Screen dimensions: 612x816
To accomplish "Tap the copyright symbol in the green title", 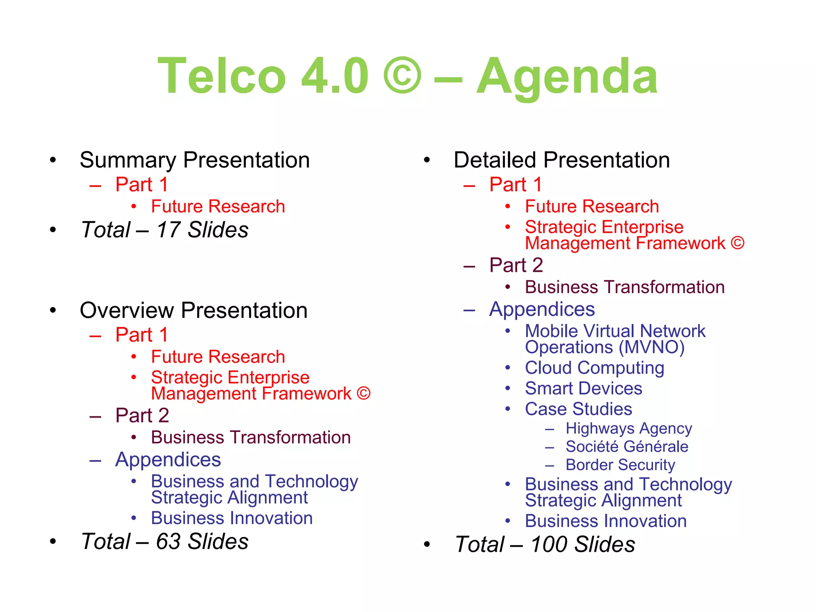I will (x=402, y=76).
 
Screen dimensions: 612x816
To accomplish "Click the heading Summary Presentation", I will (x=194, y=160).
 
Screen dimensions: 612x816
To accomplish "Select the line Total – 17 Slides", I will (x=165, y=230).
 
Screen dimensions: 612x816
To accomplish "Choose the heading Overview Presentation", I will (x=194, y=310).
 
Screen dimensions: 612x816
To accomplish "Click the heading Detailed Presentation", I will (x=561, y=160).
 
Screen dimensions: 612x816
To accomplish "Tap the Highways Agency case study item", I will (x=629, y=429).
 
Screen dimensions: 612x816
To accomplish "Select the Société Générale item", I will (x=627, y=447).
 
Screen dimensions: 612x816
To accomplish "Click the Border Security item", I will (x=620, y=465).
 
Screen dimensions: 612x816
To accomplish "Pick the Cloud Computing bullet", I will (x=594, y=368).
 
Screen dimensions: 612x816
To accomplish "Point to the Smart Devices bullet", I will (x=583, y=388).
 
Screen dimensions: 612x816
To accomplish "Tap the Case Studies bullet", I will (x=578, y=409).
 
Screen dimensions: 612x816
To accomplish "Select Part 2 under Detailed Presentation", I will (x=516, y=265).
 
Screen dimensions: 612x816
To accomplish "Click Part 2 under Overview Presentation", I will (x=142, y=416).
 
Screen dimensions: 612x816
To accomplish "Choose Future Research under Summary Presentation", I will (x=218, y=207).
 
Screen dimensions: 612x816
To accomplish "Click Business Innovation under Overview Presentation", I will (x=232, y=518).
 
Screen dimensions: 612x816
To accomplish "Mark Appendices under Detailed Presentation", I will (x=542, y=309).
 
